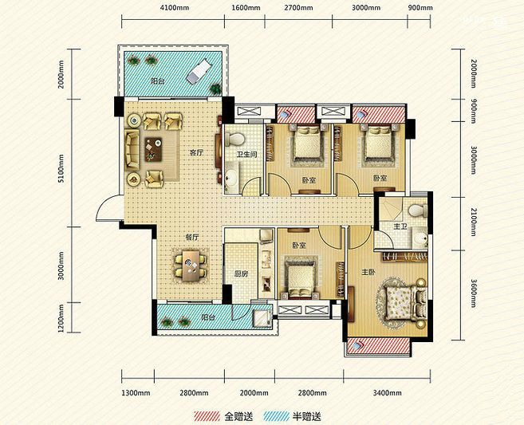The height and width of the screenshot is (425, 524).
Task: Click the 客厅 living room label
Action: click(x=196, y=153)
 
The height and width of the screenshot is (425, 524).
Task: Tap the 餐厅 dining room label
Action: click(x=192, y=238)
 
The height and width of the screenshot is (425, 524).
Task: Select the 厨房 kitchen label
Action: click(x=241, y=274)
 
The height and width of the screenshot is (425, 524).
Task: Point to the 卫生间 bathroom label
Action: click(x=246, y=155)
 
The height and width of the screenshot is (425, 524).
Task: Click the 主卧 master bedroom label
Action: click(x=368, y=273)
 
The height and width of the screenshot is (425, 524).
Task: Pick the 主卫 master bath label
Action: click(x=400, y=226)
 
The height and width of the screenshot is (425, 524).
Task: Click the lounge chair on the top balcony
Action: click(x=199, y=70)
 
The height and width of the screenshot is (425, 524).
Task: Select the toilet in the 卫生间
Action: click(x=235, y=139)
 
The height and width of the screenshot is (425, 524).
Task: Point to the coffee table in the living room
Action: click(x=153, y=148)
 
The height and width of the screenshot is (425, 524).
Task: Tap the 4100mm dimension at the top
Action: click(x=174, y=8)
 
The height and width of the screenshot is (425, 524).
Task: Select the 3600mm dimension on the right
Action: click(x=473, y=293)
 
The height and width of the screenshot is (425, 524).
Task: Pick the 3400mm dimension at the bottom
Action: click(x=387, y=393)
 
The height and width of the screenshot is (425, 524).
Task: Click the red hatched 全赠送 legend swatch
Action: click(x=207, y=416)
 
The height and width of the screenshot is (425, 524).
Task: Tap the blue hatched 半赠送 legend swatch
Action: click(x=276, y=416)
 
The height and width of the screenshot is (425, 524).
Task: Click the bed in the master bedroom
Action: click(x=404, y=302)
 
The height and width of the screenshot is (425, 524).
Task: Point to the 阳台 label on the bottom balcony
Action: click(x=208, y=317)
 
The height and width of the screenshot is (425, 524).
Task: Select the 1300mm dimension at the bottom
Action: click(x=136, y=393)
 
